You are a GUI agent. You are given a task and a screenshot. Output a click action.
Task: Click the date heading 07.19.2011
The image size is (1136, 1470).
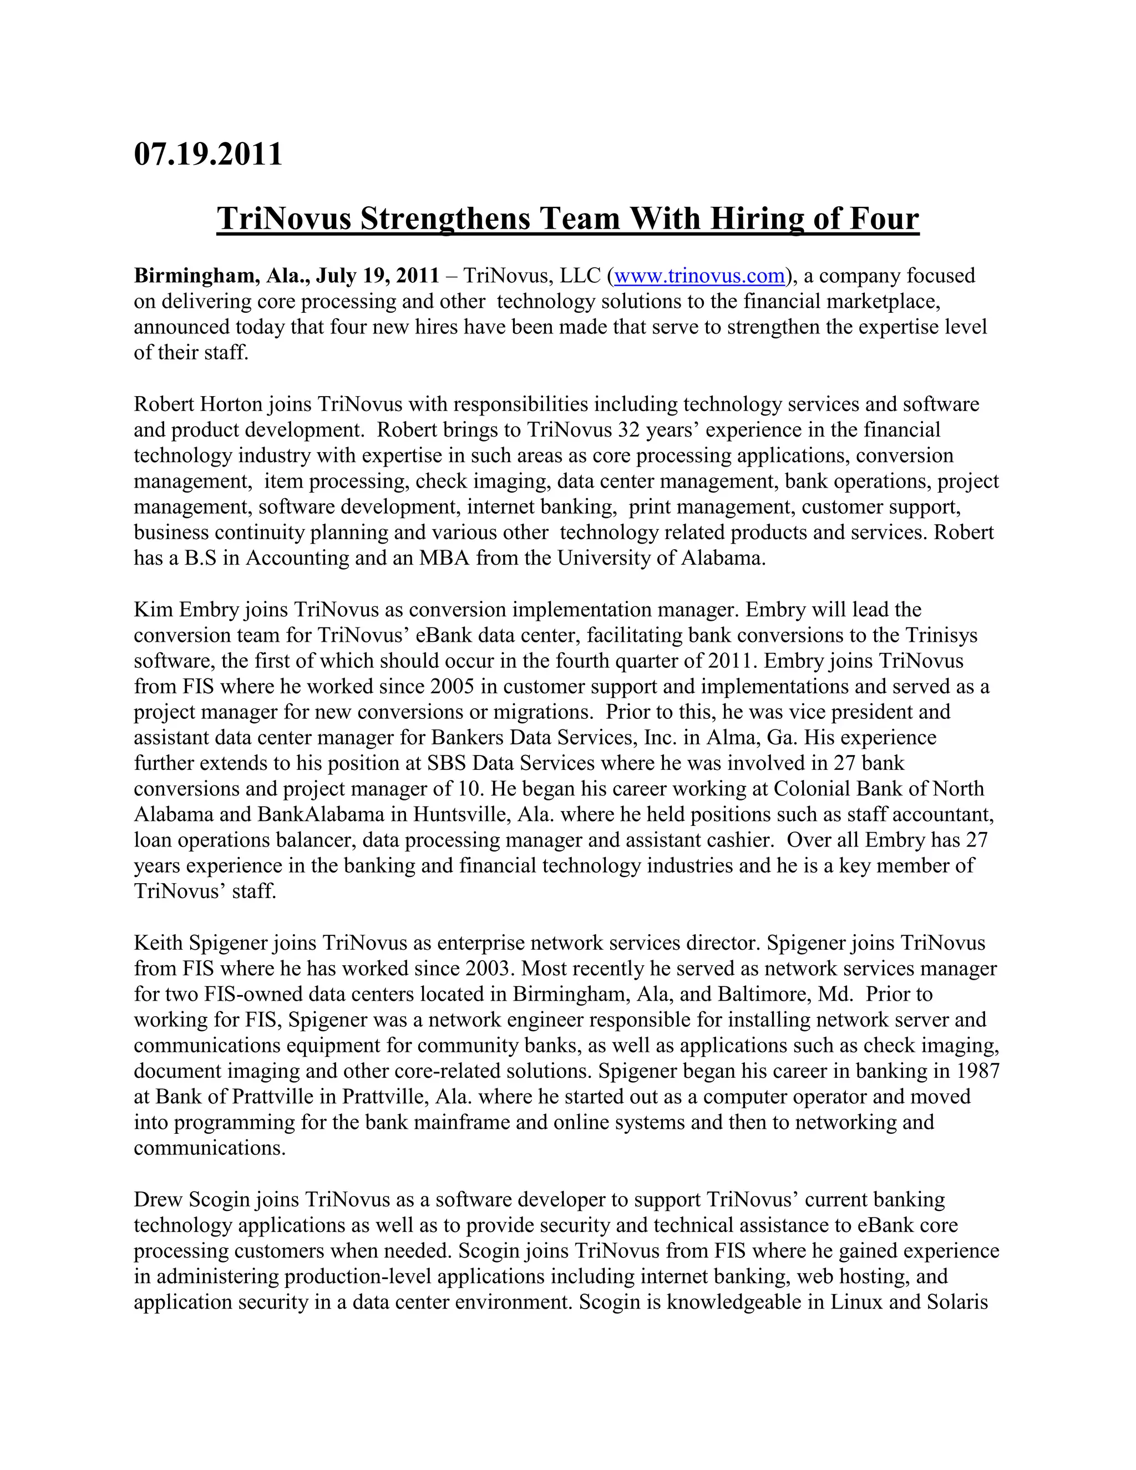tap(208, 154)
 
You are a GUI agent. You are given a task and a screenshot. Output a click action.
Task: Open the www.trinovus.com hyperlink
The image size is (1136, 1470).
tap(699, 276)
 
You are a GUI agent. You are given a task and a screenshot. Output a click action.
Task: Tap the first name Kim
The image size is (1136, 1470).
tap(154, 610)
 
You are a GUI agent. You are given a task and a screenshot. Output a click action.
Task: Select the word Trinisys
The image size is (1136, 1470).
tap(941, 635)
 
